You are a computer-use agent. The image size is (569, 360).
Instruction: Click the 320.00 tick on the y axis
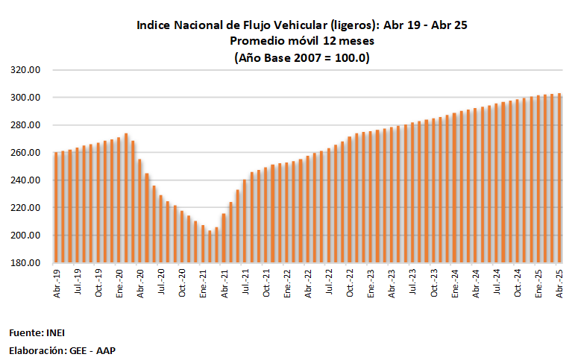(x=25, y=70)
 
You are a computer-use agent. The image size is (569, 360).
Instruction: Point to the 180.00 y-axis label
(x=25, y=263)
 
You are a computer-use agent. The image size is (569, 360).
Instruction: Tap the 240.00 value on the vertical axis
(x=25, y=180)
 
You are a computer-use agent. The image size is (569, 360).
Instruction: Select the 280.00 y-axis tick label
(x=25, y=125)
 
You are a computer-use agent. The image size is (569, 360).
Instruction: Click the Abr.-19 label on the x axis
(x=57, y=284)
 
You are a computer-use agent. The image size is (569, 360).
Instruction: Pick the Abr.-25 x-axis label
(x=560, y=284)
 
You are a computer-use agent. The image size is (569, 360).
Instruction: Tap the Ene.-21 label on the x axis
(x=204, y=284)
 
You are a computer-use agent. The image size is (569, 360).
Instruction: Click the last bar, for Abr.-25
(x=560, y=178)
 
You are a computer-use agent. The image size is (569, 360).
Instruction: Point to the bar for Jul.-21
(x=245, y=221)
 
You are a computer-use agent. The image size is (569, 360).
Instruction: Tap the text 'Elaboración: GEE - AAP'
(x=62, y=350)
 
